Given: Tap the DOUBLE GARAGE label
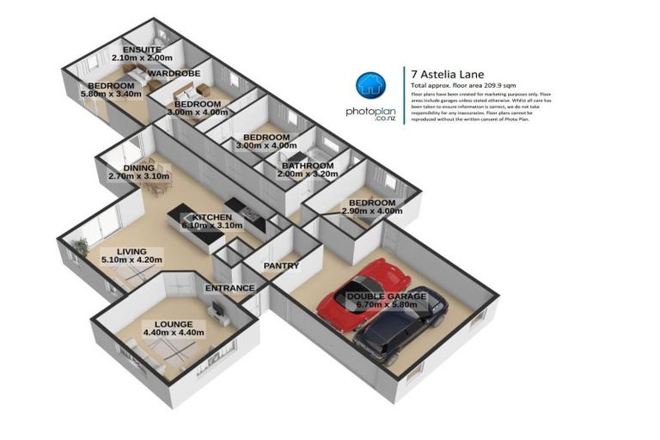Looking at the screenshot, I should click(x=386, y=296).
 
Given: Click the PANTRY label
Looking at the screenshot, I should click(x=281, y=266).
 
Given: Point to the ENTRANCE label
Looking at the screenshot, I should click(x=229, y=288).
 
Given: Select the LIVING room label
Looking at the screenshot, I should click(x=131, y=251).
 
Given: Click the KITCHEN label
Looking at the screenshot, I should click(x=211, y=217).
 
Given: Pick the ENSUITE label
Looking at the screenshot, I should click(x=142, y=50).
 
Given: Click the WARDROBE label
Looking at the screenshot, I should click(x=174, y=74).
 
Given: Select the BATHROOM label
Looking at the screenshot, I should click(x=308, y=165).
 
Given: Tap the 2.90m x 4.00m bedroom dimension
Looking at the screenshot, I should click(x=372, y=211).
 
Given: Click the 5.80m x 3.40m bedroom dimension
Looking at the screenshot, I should click(x=109, y=96).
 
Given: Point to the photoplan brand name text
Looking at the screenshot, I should click(x=370, y=112).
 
